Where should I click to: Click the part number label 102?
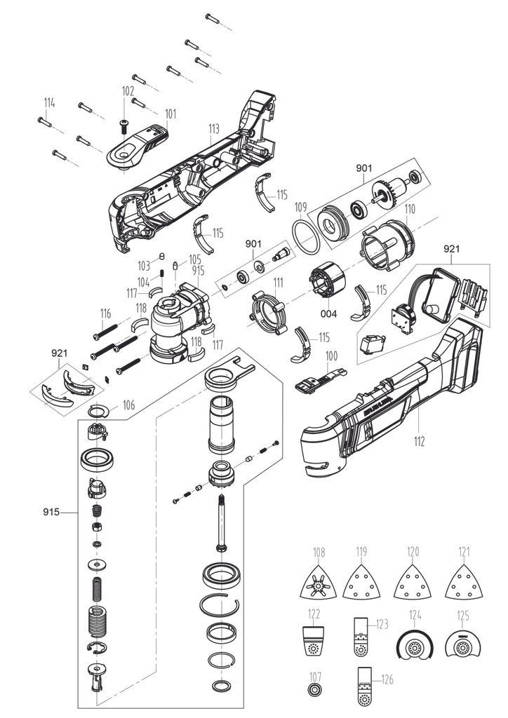click(x=128, y=91)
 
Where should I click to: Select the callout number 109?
click(x=300, y=207)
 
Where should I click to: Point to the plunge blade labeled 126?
click(x=363, y=693)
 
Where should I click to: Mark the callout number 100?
click(x=330, y=355)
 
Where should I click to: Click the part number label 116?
click(x=105, y=313)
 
